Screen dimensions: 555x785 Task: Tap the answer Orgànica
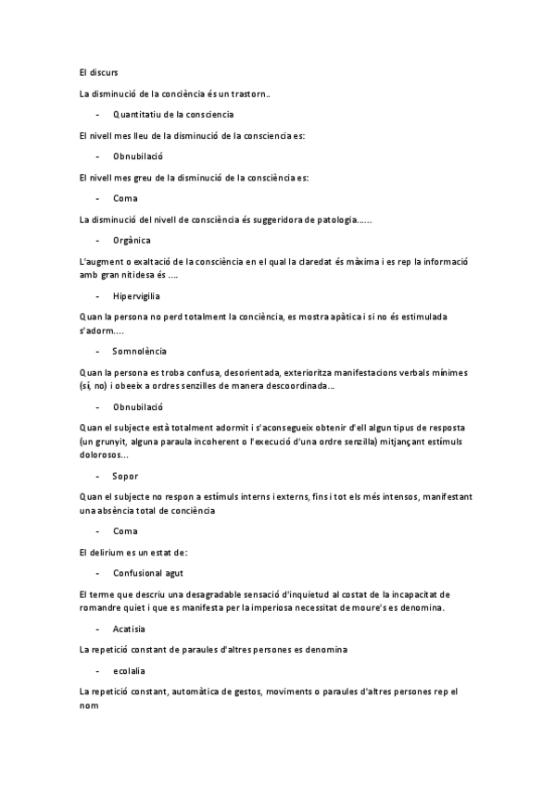point(132,240)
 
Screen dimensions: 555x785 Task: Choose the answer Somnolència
point(140,352)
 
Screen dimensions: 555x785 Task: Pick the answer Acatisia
point(130,629)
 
